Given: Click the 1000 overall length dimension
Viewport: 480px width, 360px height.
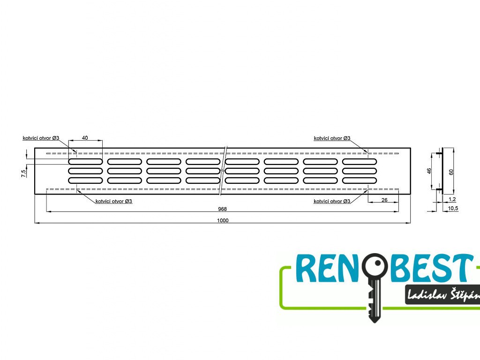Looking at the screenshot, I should coord(223,220).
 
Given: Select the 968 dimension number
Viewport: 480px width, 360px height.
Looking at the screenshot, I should coord(223,209).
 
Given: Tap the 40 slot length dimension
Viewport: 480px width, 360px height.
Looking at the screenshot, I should coord(85,138).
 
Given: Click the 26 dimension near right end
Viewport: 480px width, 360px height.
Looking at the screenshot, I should coord(383,200).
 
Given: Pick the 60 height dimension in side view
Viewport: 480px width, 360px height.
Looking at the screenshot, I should coord(451,172).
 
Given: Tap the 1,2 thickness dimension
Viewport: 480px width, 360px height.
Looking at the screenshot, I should coord(452,199).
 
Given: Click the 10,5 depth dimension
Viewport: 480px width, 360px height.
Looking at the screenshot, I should coord(453,208).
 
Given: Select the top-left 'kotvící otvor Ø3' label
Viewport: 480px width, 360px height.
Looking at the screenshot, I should coord(41,138).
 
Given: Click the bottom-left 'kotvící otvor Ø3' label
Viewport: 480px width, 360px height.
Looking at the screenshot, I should coord(113,201).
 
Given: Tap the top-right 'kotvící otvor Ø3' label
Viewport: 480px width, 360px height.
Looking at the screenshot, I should coord(332,138).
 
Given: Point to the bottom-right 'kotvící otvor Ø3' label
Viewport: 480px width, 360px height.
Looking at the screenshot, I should coord(332,201).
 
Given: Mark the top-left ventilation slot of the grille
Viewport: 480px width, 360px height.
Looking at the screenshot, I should coord(85,161).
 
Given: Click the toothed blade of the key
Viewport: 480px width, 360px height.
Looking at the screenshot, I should coord(373,302).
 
